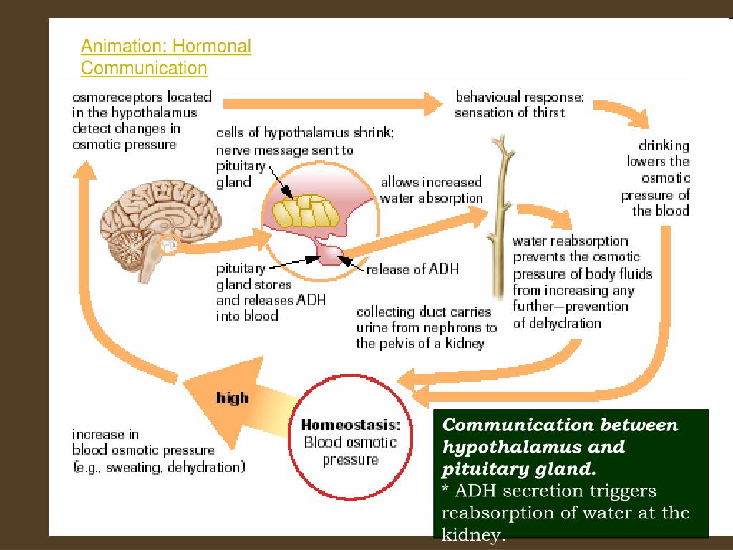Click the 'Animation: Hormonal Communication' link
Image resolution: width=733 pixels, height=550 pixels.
pyautogui.click(x=165, y=57)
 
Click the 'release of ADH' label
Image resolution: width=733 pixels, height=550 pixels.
pyautogui.click(x=412, y=269)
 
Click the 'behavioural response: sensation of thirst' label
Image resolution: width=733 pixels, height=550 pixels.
pyautogui.click(x=520, y=105)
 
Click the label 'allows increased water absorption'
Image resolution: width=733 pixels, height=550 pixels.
pyautogui.click(x=431, y=190)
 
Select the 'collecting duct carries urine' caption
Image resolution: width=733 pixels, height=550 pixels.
pyautogui.click(x=427, y=327)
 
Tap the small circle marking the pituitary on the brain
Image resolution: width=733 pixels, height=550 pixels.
pyautogui.click(x=170, y=245)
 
